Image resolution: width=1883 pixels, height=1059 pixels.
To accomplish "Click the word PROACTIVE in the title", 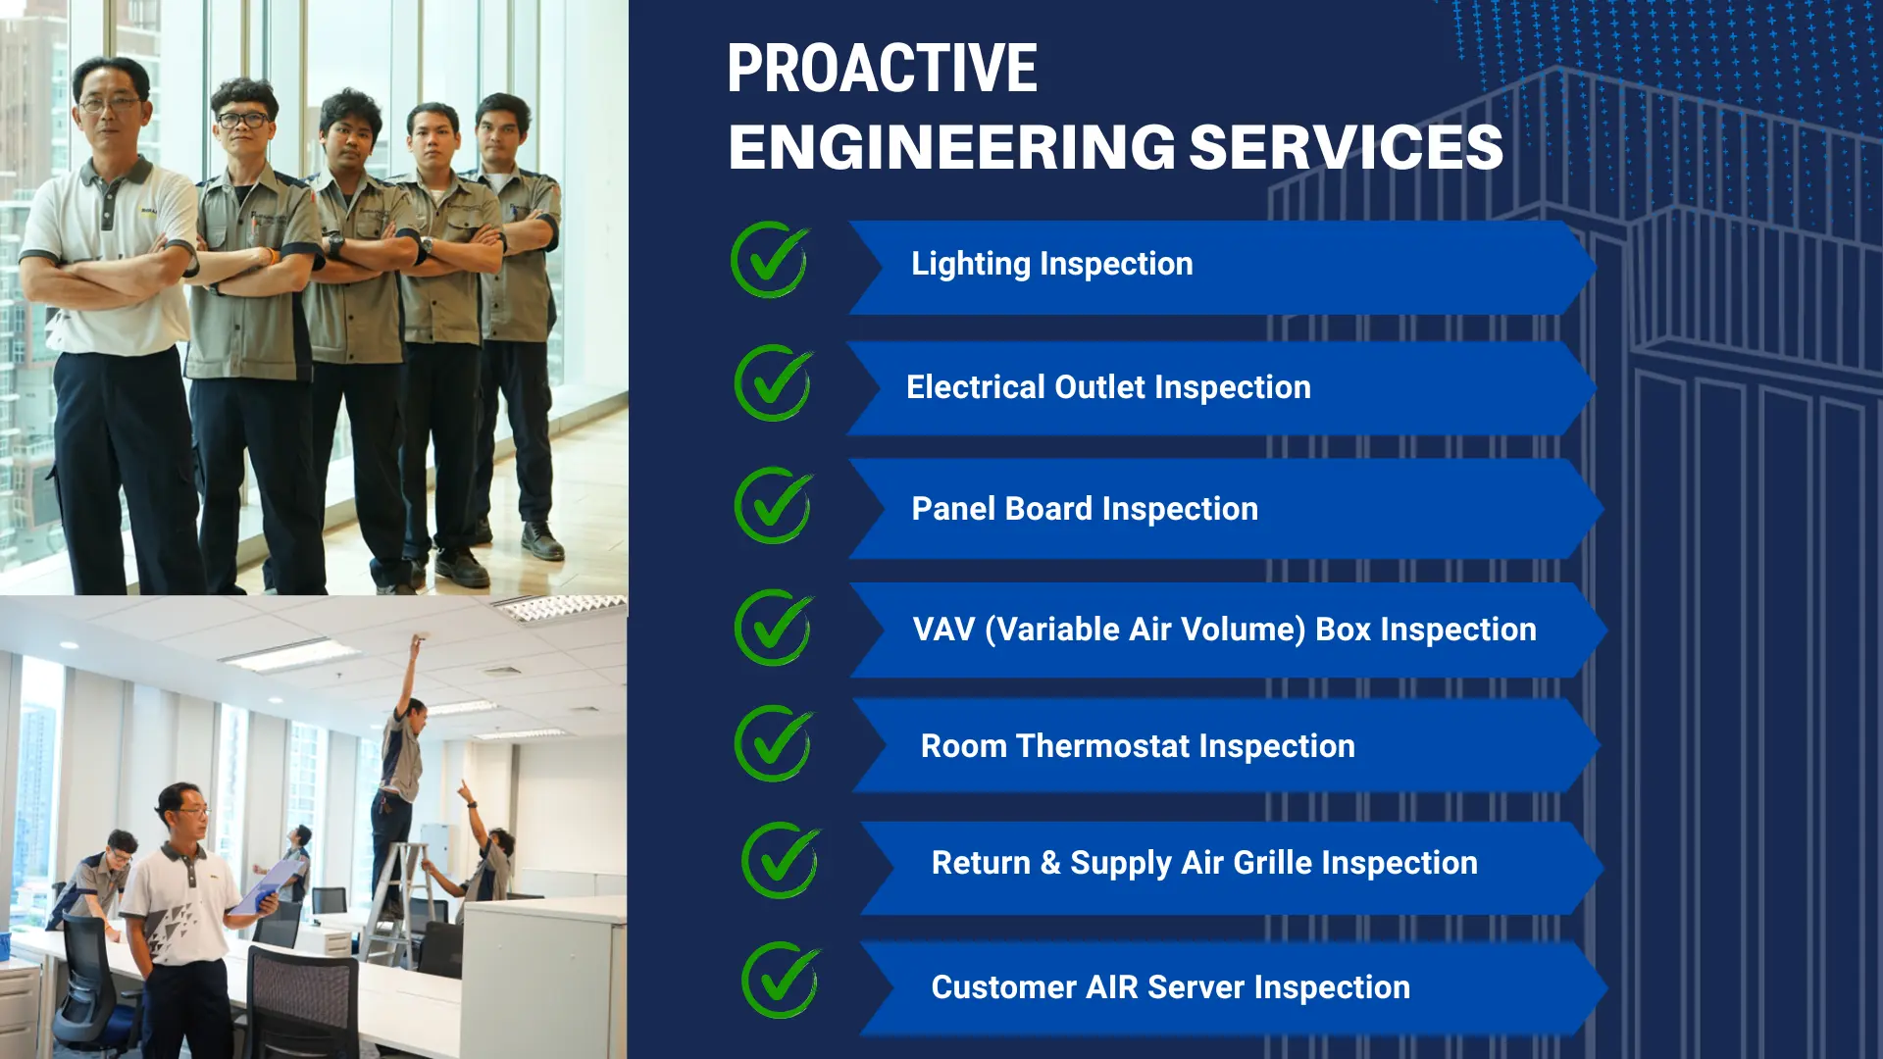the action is [x=882, y=69].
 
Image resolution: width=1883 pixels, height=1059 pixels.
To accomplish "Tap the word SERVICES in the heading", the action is [x=1346, y=147].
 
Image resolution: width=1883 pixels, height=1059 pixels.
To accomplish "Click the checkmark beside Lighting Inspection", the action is [x=770, y=260].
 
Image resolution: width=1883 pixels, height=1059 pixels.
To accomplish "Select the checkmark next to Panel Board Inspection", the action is [x=774, y=505].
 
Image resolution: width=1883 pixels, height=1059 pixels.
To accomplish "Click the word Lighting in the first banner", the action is [x=971, y=264].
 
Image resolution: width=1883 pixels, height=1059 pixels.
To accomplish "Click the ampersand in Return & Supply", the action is [x=1050, y=863].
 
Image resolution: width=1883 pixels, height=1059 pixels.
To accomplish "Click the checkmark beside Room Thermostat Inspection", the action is [x=774, y=743].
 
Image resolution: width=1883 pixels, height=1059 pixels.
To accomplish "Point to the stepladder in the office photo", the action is [x=400, y=904].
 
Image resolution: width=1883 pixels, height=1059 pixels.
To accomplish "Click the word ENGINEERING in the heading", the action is [x=951, y=147].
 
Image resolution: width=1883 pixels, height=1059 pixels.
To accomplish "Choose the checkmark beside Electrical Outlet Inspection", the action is [x=774, y=382].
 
